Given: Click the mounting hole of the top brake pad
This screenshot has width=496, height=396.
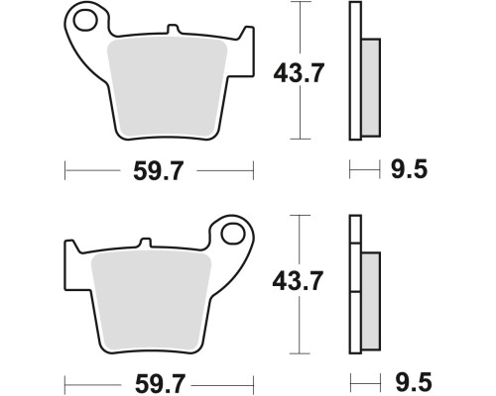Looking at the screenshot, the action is [x=85, y=21].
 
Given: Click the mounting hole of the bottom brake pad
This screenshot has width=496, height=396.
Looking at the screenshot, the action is [x=233, y=234].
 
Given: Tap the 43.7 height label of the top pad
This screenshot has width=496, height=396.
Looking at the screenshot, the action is [x=299, y=73].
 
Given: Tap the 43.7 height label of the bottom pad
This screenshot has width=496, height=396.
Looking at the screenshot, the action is [x=298, y=281].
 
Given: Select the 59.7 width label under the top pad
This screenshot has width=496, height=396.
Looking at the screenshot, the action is [x=158, y=170].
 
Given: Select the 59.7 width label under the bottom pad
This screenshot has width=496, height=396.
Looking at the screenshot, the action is [x=160, y=384].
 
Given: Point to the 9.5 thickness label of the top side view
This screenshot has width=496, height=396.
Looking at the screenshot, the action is [x=410, y=169].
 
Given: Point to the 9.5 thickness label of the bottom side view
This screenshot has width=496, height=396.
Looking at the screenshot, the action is [x=414, y=382].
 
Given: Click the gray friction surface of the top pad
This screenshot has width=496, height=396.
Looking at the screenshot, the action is [x=168, y=87].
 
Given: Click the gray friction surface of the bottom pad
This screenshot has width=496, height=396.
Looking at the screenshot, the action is [x=151, y=301].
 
